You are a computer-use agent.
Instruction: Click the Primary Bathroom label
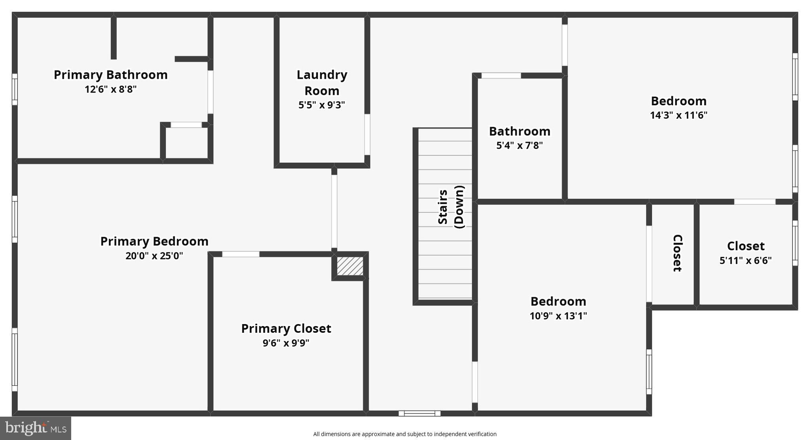111,75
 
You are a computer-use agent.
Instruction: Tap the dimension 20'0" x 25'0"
154,256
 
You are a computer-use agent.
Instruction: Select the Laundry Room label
322,82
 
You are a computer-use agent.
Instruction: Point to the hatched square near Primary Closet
350,266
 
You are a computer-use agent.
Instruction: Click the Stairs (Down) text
450,207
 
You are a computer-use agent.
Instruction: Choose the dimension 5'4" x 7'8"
519,146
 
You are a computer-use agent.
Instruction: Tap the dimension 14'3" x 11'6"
678,115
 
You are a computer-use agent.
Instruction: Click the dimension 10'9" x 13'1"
558,316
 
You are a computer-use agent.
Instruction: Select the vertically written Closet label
677,253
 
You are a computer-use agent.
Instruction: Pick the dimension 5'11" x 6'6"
745,260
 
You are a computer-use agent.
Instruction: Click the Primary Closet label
286,328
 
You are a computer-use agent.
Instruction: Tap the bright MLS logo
36,428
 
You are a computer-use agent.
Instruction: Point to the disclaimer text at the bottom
405,434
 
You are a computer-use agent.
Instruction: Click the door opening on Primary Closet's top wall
240,254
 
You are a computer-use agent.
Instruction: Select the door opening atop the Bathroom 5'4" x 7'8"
501,76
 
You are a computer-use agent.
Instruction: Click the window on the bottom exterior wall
419,413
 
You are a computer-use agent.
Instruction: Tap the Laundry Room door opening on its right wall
367,135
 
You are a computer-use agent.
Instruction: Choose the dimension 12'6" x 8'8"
111,89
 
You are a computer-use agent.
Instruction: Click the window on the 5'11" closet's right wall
795,243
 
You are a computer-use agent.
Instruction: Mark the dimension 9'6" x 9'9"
286,343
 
